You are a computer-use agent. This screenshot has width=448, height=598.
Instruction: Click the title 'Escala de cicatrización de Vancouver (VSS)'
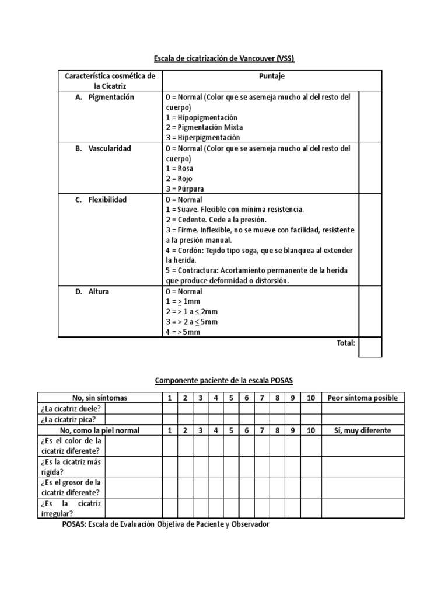coord(224,58)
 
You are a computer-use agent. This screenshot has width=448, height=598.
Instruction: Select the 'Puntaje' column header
coord(271,77)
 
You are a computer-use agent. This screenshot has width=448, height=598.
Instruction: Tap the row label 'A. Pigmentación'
coord(106,97)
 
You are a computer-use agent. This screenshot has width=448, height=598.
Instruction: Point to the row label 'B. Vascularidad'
coord(104,148)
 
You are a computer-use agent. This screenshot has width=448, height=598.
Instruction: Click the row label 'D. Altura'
coord(93,291)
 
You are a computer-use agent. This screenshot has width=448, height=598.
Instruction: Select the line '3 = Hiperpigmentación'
coord(202,137)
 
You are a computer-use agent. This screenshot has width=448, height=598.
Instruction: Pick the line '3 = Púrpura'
coord(185,189)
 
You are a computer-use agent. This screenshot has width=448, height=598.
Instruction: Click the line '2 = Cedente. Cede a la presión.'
coord(216,220)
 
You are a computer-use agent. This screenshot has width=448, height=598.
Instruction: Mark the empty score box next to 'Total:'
coord(370,347)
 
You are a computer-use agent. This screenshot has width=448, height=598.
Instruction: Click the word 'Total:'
coord(346,343)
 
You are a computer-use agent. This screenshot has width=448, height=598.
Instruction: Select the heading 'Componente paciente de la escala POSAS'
coord(224,381)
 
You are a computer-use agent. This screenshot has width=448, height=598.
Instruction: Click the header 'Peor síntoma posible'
coord(363,398)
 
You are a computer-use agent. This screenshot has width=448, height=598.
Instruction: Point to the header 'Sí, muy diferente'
coord(363,430)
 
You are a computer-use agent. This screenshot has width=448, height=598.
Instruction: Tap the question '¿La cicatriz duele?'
coord(71,408)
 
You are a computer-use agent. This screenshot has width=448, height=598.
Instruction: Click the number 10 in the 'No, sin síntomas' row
coord(310,398)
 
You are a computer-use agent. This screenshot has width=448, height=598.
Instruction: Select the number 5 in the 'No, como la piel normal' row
coord(231,430)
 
